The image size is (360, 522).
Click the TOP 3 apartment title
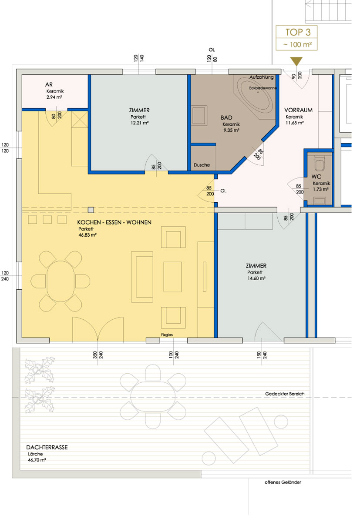(298, 32)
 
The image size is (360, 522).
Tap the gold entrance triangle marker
(296, 61)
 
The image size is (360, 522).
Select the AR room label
(49, 84)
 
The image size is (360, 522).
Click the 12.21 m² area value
(139, 123)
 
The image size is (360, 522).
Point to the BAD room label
(226, 118)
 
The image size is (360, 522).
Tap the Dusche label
(202, 165)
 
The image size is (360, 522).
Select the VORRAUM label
(298, 110)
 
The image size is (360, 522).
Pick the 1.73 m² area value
(321, 189)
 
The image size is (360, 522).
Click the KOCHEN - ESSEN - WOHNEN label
(114, 222)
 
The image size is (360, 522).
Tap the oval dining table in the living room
(61, 281)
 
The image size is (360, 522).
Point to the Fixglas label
(167, 335)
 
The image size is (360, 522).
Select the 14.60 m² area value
(256, 278)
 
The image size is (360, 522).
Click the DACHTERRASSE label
(47, 447)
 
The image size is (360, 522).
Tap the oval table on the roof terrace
(153, 397)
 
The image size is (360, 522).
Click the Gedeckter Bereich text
(285, 394)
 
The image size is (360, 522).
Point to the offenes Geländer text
(283, 482)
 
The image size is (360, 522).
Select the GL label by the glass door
(223, 191)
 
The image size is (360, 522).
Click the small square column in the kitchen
(91, 210)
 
